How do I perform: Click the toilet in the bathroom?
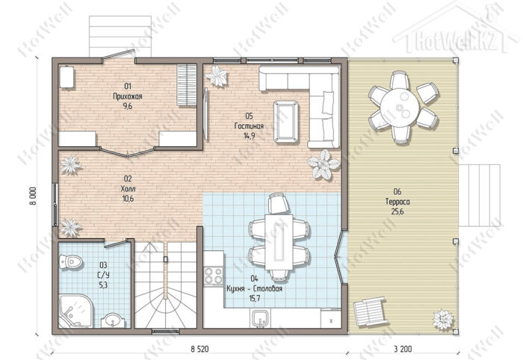[x=70, y=261]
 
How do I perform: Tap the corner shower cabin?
[x=74, y=311]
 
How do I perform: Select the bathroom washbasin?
[x=113, y=320]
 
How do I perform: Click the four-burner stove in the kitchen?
[x=214, y=276]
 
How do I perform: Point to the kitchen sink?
[x=260, y=318]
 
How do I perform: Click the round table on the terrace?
[x=400, y=107]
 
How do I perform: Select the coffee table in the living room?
[x=286, y=122]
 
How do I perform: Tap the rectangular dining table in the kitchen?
[x=279, y=242]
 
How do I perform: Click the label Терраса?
[x=397, y=202]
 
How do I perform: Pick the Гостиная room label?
[x=249, y=126]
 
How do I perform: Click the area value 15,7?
[x=255, y=298]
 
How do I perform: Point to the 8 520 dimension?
[x=199, y=349]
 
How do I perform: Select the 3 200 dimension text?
[x=403, y=349]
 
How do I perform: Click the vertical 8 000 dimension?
[x=33, y=196]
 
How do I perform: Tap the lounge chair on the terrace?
[x=371, y=313]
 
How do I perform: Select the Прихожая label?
[x=128, y=96]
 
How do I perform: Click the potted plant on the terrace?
[x=443, y=320]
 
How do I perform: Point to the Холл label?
[x=128, y=189]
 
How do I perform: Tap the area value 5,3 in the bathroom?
[x=103, y=285]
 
